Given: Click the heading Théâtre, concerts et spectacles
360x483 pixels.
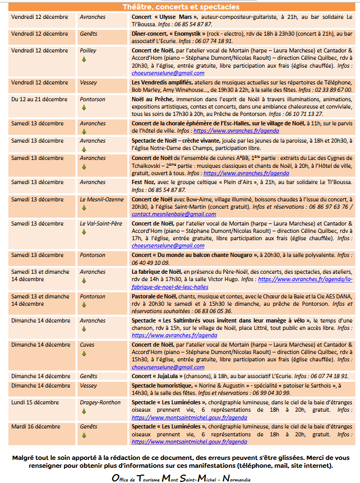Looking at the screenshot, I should click(181, 7).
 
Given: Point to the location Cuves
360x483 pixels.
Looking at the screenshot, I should click(87, 345).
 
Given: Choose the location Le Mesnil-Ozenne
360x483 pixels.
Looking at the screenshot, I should click(102, 199).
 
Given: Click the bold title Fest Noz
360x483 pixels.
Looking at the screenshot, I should click(144, 183).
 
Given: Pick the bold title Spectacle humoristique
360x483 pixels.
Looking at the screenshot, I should click(163, 385).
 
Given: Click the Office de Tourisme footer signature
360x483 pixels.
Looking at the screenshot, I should click(181, 478).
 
